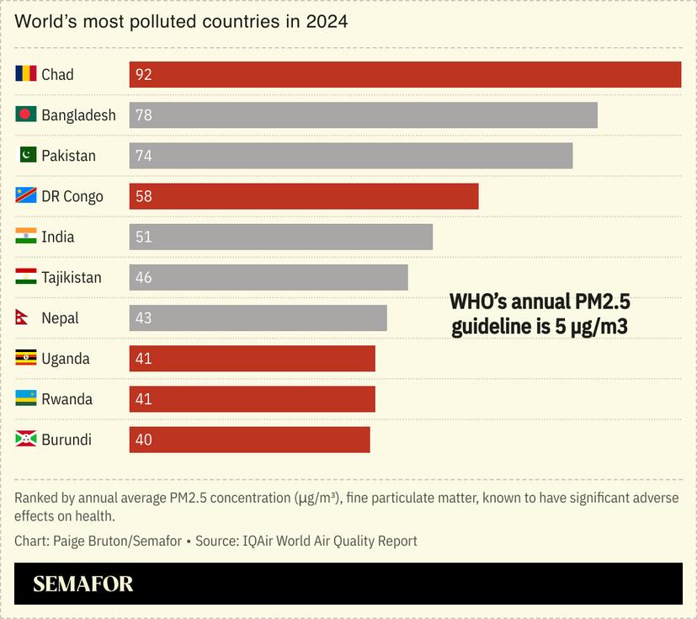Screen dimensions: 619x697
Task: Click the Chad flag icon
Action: (x=26, y=74)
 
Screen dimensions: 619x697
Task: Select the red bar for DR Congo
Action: (x=303, y=196)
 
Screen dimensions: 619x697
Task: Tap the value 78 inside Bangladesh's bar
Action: (x=144, y=115)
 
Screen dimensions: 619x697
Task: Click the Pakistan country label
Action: (x=68, y=156)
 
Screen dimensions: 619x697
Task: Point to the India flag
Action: (x=26, y=237)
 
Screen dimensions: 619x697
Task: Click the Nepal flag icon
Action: (x=23, y=318)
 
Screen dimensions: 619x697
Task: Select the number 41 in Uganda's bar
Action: (x=144, y=359)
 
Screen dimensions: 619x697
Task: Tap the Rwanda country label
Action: (x=67, y=399)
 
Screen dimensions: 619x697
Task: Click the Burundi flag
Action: (x=26, y=440)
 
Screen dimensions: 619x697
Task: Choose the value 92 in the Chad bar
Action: (x=144, y=75)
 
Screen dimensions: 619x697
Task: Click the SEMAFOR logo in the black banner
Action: (x=83, y=584)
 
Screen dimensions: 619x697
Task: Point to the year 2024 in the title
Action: (x=326, y=22)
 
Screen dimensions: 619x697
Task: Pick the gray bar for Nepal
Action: (x=258, y=318)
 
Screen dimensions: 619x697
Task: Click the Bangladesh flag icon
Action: (x=26, y=115)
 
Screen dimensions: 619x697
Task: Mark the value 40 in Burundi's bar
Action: (x=144, y=440)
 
